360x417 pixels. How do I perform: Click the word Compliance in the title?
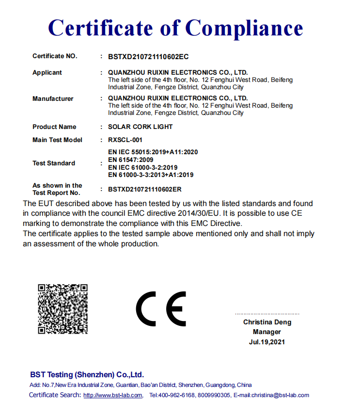[x=244, y=28]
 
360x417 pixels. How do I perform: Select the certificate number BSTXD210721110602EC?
[x=148, y=57]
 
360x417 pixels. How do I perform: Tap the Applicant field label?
[x=47, y=73]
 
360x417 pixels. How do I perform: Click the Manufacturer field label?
[x=53, y=99]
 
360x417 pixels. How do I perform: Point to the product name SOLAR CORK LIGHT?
[x=141, y=127]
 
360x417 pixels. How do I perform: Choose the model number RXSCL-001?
[x=125, y=140]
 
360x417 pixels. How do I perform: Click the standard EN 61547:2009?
[x=131, y=160]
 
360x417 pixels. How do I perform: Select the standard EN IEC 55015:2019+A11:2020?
[x=153, y=152]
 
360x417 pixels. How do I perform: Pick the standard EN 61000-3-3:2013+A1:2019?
[x=151, y=175]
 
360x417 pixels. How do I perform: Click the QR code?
[x=63, y=309]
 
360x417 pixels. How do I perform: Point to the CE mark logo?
[x=161, y=309]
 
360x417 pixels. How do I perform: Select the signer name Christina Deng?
[x=267, y=322]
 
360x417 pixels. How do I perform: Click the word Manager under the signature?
[x=267, y=332]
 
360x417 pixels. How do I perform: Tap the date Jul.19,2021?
[x=267, y=342]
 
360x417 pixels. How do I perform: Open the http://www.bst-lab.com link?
[x=113, y=395]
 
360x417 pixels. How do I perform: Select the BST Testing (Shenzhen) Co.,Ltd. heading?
[x=87, y=375]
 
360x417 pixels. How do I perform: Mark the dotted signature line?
[x=267, y=314]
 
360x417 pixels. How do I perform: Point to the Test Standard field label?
[x=54, y=163]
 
